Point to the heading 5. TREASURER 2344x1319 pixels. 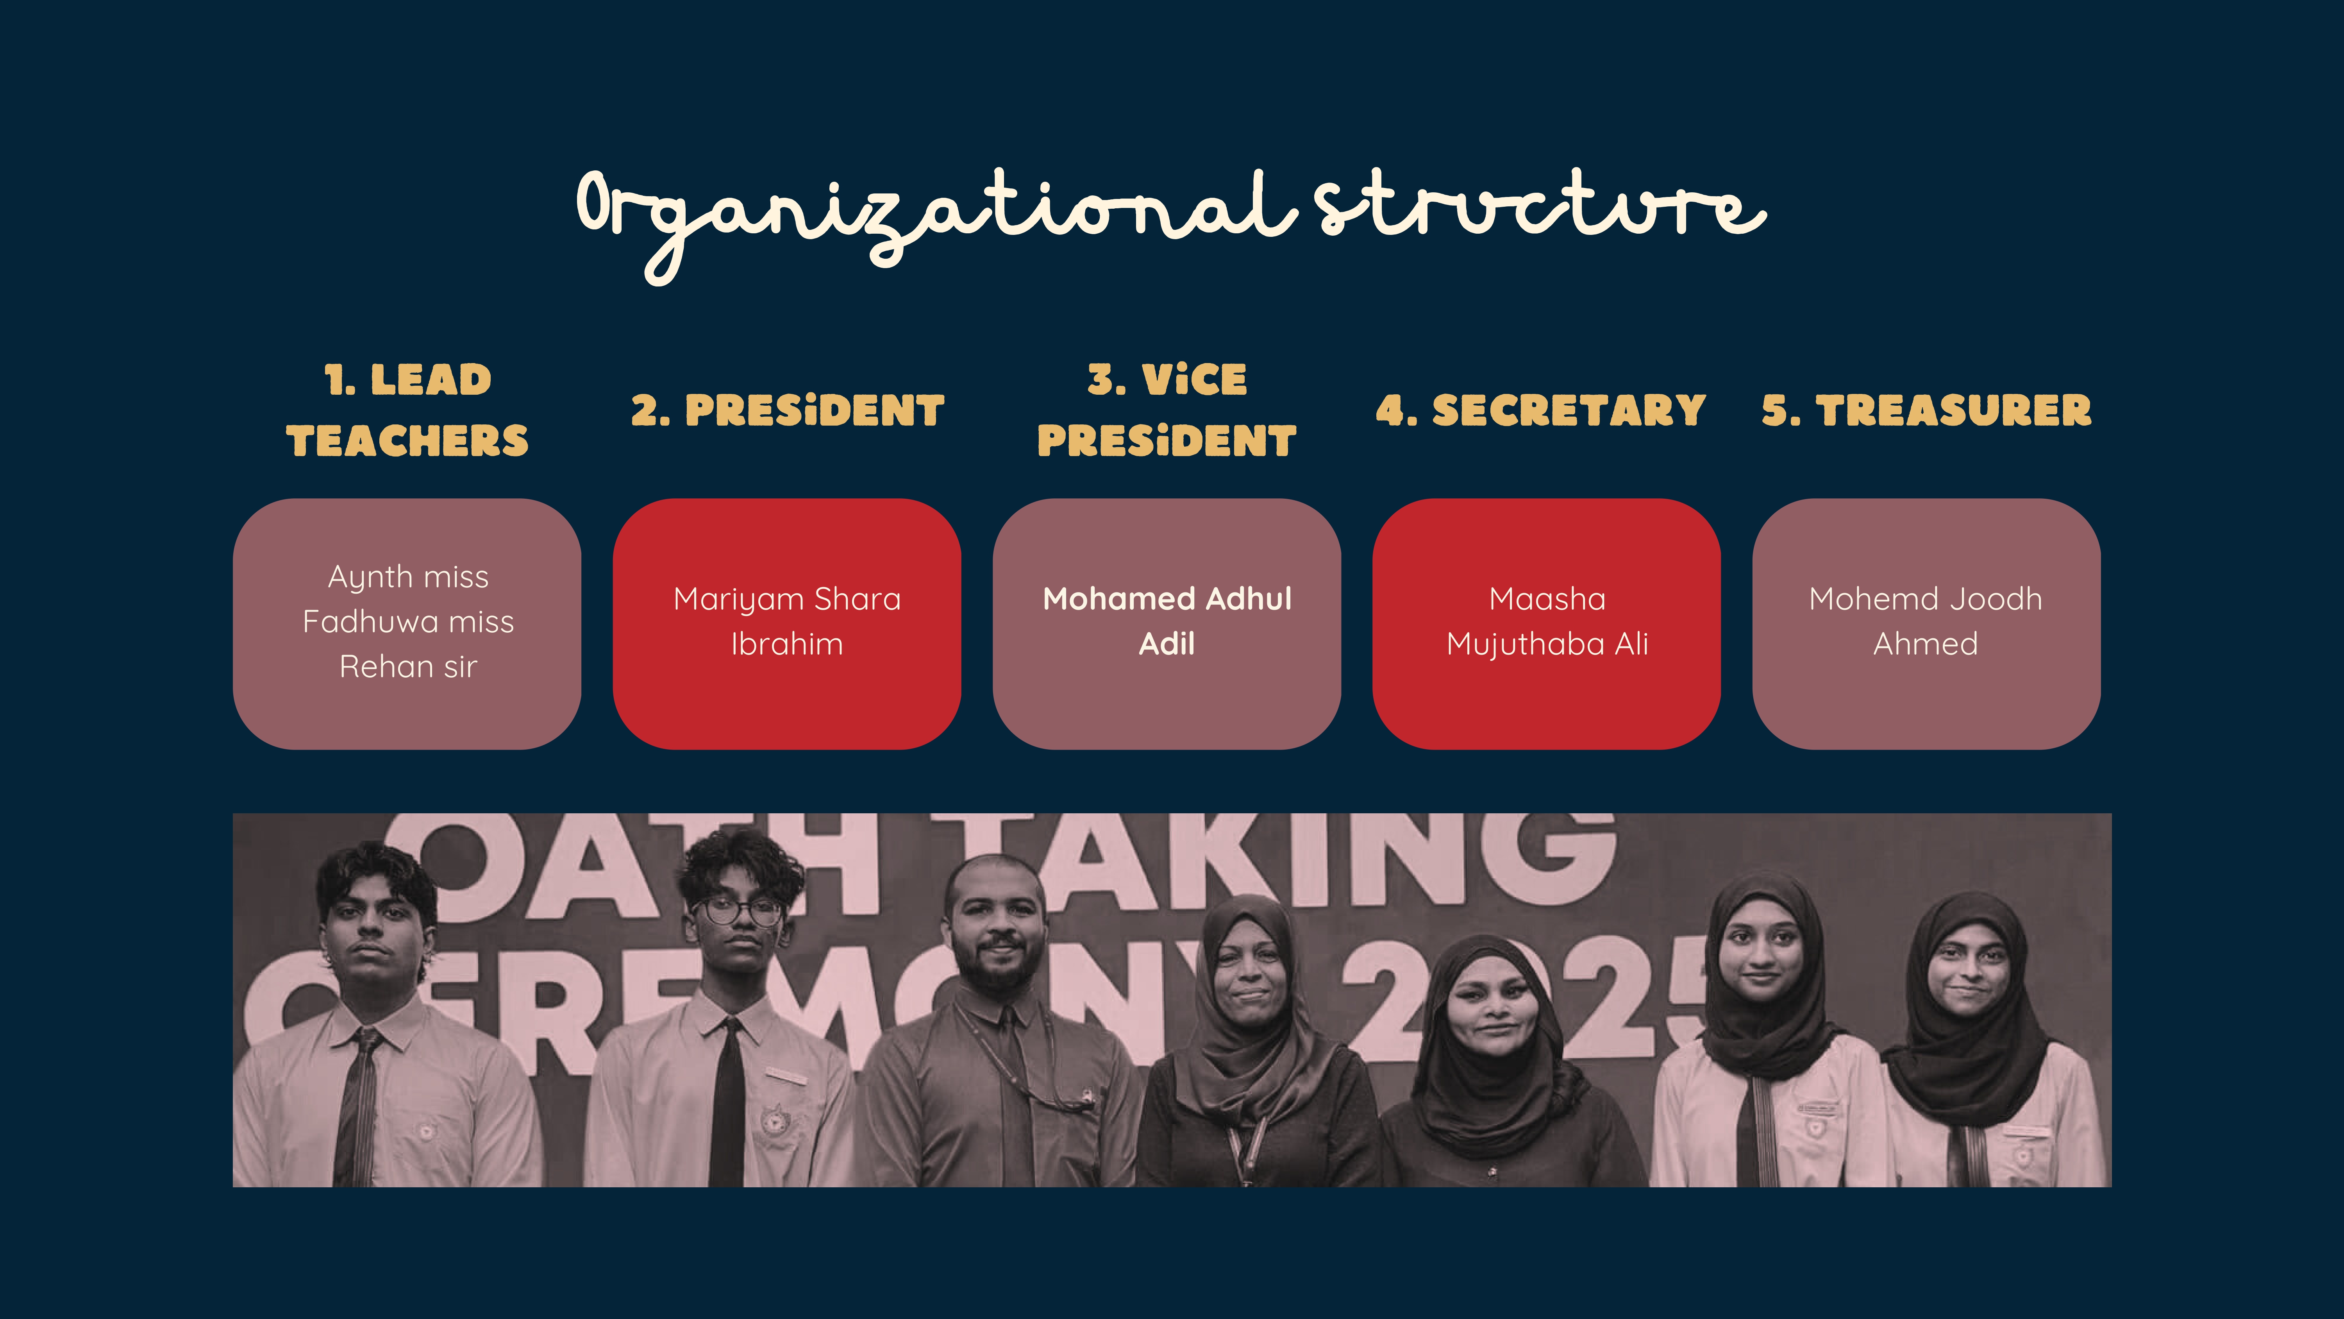tap(1926, 410)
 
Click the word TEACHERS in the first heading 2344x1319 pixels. tap(407, 442)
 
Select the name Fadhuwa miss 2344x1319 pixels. tap(407, 622)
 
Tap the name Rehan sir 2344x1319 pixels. tap(407, 667)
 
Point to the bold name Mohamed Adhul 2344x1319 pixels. tap(1167, 599)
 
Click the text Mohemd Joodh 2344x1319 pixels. tap(1926, 599)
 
